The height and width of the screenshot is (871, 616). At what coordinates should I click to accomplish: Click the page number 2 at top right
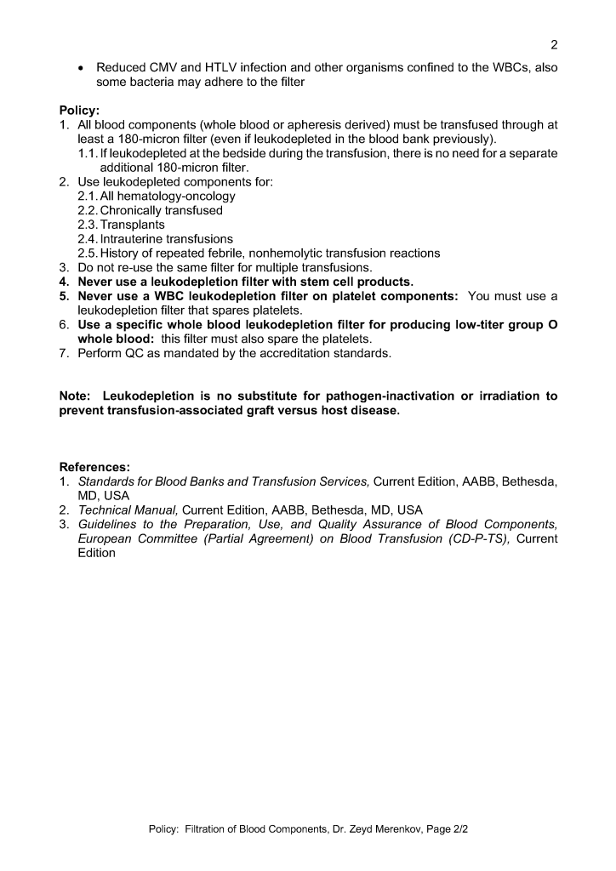[x=554, y=45]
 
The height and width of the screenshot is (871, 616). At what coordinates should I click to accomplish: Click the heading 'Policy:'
[x=79, y=111]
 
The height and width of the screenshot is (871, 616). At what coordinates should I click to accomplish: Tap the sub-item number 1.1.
[x=88, y=153]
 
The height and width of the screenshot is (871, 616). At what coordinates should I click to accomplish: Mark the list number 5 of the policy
[x=64, y=296]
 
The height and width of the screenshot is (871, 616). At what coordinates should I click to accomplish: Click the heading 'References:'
[x=94, y=467]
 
